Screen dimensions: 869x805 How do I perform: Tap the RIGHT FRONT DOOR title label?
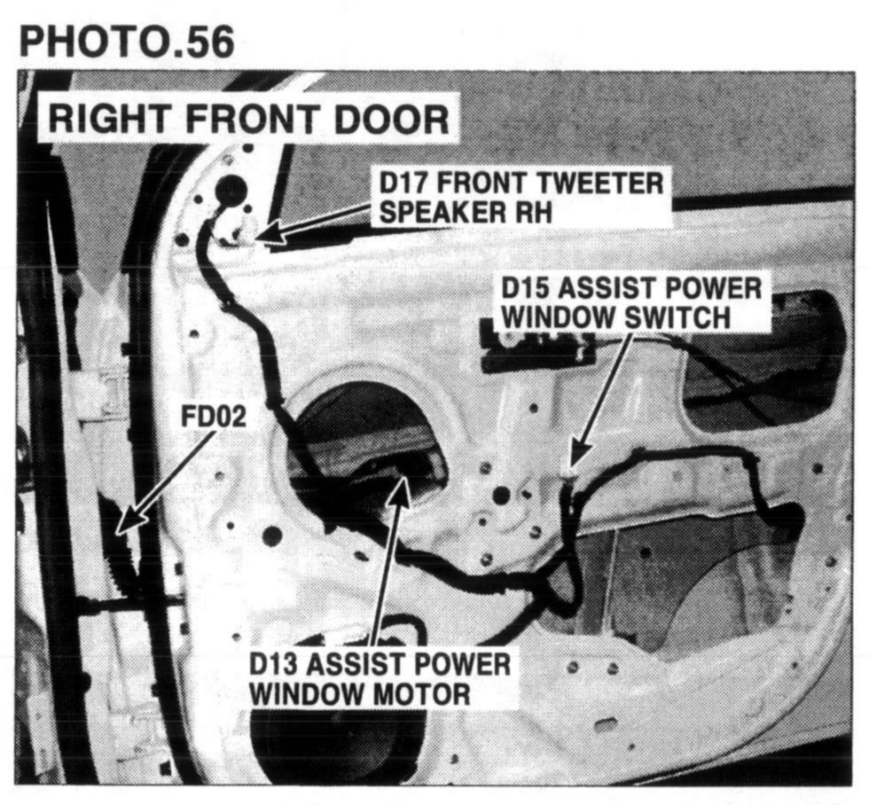(x=249, y=117)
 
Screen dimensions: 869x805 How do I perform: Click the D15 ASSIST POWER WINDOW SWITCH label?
(x=631, y=302)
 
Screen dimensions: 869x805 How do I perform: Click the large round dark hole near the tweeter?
(x=231, y=188)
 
